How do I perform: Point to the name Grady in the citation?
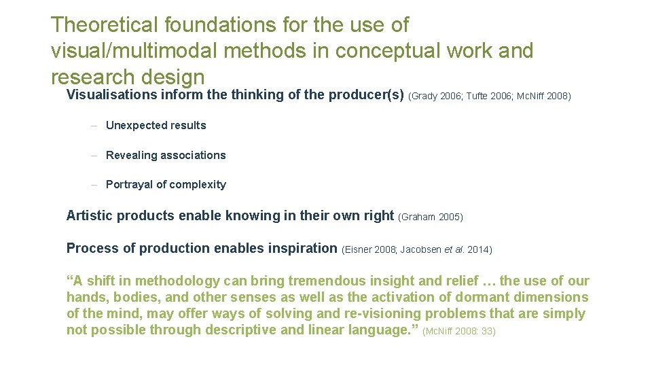point(424,96)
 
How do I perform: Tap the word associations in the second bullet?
point(194,156)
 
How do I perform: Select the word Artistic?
point(90,216)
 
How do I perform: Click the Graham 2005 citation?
point(431,217)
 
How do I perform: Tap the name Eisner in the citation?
point(358,250)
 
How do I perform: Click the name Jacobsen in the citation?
point(420,250)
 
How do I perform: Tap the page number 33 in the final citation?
point(488,332)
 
